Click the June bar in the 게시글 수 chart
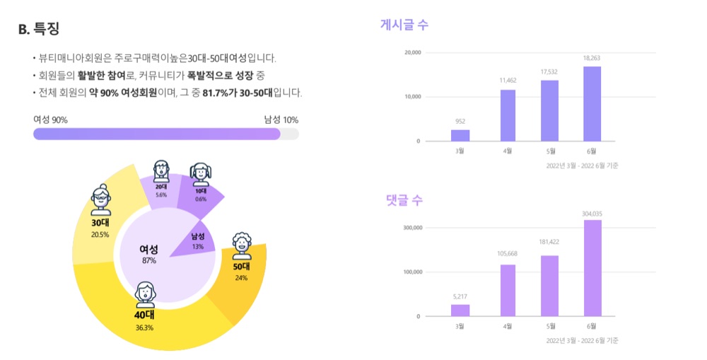tap(592, 104)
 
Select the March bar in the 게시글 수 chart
tap(460, 135)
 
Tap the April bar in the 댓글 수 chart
tap(508, 291)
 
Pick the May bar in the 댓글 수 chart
tap(549, 286)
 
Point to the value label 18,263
tap(592, 58)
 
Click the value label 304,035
tap(592, 214)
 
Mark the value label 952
tap(460, 122)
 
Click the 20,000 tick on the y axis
tap(413, 53)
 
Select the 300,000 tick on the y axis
tap(413, 228)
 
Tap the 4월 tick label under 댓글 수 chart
tap(508, 326)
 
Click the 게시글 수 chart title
tap(404, 24)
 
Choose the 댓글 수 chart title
tap(404, 200)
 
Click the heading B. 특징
tap(39, 28)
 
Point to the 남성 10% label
tap(281, 120)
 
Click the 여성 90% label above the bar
tap(50, 120)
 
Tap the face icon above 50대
tap(242, 246)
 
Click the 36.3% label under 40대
tap(144, 328)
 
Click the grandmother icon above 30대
tap(101, 200)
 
